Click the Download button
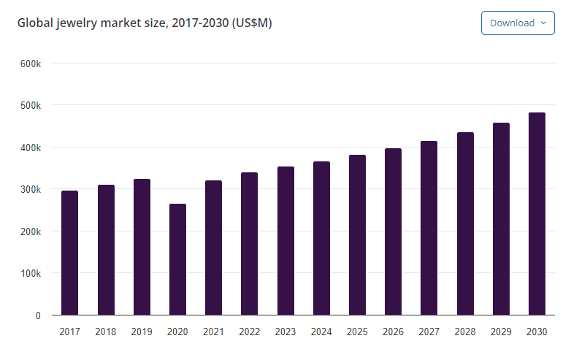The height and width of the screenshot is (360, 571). coord(517,23)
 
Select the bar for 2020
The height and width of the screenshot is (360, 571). coord(177,259)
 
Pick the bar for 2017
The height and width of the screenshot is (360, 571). coord(69,253)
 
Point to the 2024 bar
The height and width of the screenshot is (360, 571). coord(321,238)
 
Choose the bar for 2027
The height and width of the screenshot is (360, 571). coord(429,228)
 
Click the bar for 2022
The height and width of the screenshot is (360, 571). coord(249,244)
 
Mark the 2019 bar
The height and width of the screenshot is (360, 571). coord(142,247)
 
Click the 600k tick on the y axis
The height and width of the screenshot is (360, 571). coord(30,64)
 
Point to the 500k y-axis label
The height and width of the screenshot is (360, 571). coord(30,105)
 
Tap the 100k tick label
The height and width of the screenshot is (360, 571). coord(30,273)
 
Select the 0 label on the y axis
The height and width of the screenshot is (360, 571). coord(37,315)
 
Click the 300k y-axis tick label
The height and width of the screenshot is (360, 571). coord(30,189)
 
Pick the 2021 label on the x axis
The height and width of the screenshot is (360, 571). coord(213,332)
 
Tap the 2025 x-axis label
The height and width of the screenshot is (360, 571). coord(357,332)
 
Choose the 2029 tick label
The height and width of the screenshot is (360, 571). coord(501,332)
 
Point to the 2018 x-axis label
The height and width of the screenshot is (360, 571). coord(106,332)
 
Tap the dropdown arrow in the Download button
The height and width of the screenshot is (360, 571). coord(543,23)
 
